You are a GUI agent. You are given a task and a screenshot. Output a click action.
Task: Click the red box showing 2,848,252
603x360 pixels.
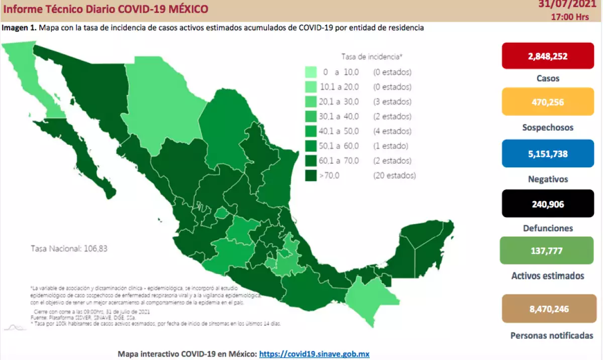coord(548,56)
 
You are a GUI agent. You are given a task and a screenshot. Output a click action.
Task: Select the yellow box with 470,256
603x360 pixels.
coord(548,102)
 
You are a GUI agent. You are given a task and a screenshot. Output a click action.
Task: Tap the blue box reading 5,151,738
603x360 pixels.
coord(548,154)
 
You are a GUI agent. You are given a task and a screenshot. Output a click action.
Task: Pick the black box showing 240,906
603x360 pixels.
coord(548,204)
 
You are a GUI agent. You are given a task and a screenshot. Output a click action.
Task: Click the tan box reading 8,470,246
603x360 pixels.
coord(548,309)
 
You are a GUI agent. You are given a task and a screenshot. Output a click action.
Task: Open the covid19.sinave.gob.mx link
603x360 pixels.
coord(314,354)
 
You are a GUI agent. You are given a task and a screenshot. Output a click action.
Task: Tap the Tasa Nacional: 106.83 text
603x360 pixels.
coord(69,248)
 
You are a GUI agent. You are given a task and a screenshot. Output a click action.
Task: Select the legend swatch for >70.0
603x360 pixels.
coord(310,175)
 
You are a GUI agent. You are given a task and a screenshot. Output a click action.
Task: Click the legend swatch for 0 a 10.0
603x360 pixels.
coord(310,72)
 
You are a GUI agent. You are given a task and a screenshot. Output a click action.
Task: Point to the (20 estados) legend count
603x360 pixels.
coord(394,175)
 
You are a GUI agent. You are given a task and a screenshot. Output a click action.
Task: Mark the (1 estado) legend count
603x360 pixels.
coord(390,146)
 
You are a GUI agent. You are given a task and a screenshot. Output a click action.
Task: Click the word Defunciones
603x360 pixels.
coord(547,228)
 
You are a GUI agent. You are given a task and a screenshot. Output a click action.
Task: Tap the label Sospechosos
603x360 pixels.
coord(547,128)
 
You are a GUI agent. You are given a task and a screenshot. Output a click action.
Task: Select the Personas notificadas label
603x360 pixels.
coord(551,335)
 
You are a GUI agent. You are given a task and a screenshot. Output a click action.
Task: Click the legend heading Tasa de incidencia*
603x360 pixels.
coord(371,56)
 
